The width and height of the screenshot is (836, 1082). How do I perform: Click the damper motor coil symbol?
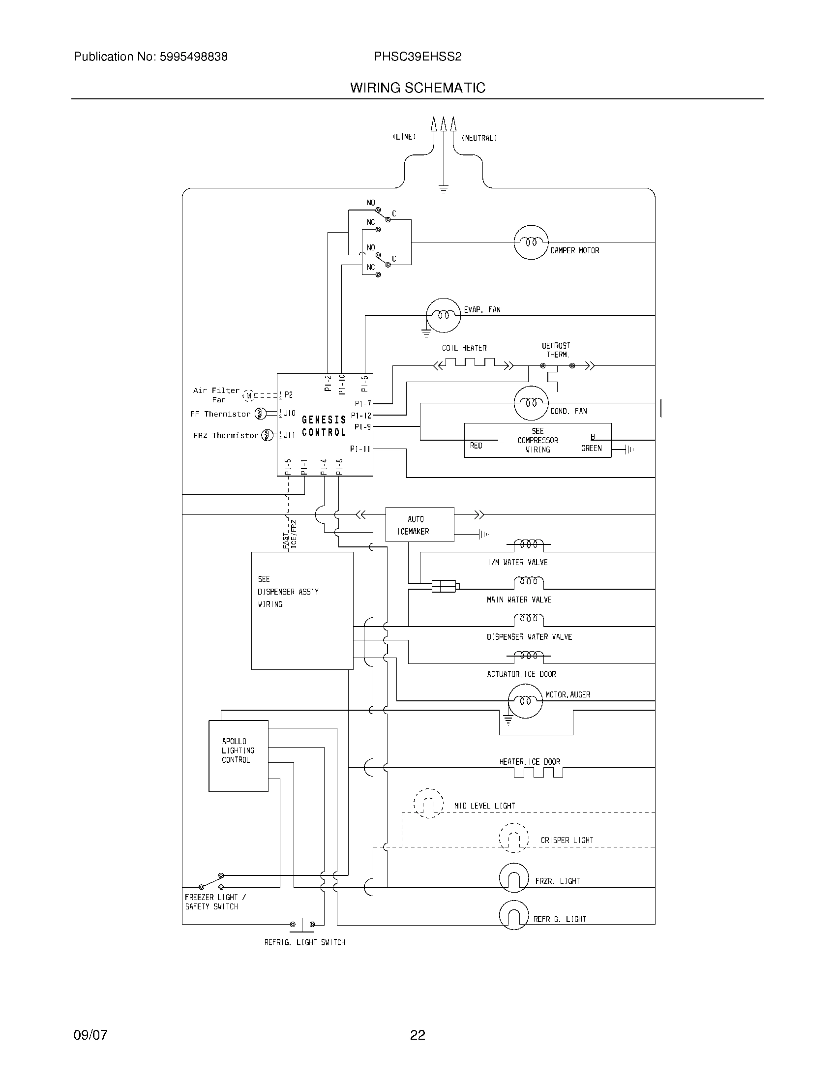point(531,242)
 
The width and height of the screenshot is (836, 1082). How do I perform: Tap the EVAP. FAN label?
point(481,310)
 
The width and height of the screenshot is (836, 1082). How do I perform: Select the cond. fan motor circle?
point(531,403)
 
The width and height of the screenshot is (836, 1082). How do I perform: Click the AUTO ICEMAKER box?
point(419,525)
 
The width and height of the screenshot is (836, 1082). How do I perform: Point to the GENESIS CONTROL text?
point(324,426)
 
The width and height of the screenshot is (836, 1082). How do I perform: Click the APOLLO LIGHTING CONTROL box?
point(238,755)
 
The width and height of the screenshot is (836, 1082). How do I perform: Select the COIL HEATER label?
point(464,348)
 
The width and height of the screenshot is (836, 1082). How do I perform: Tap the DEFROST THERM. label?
point(556,350)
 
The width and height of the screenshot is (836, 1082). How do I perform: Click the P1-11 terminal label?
point(360,449)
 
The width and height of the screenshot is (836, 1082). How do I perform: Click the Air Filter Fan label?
point(216,395)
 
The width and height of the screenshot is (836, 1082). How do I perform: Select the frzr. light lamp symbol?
point(513,877)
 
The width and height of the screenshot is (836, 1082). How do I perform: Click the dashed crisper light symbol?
point(513,838)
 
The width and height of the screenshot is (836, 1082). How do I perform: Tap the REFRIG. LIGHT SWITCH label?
point(304,942)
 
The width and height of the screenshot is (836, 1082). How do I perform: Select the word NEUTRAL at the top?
point(479,138)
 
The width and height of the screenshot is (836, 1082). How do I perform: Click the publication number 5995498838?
point(193,57)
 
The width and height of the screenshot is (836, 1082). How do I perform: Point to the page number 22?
point(418,1035)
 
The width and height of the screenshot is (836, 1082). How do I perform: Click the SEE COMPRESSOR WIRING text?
point(537,441)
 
